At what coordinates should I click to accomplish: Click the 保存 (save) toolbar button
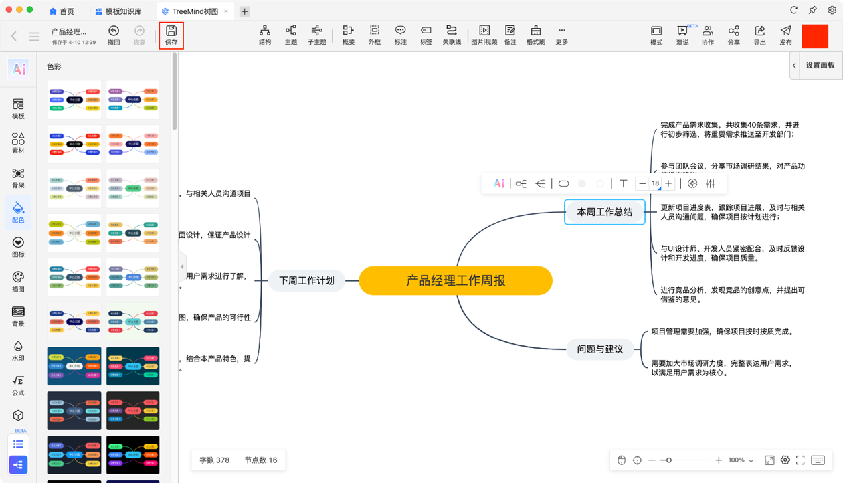[171, 35]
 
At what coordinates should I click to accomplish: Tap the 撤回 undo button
[114, 35]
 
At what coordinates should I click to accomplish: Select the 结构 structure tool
[265, 35]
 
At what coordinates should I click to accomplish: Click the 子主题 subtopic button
[317, 35]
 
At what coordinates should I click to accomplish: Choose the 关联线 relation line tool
[452, 35]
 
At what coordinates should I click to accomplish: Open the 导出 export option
[759, 35]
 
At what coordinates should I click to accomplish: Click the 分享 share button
[733, 35]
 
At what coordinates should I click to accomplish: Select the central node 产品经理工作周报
[456, 281]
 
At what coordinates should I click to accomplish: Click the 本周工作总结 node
[605, 212]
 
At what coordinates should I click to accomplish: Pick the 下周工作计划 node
[307, 281]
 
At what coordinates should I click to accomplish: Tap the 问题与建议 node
[600, 349]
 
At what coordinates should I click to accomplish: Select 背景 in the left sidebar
[18, 316]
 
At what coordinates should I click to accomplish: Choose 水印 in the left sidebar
[18, 350]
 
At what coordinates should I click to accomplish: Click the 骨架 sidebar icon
[18, 177]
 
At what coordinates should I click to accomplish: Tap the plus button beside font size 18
[668, 183]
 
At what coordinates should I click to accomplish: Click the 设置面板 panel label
[820, 66]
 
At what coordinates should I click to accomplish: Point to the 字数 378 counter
[214, 460]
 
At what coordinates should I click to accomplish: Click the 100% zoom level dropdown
[741, 460]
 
